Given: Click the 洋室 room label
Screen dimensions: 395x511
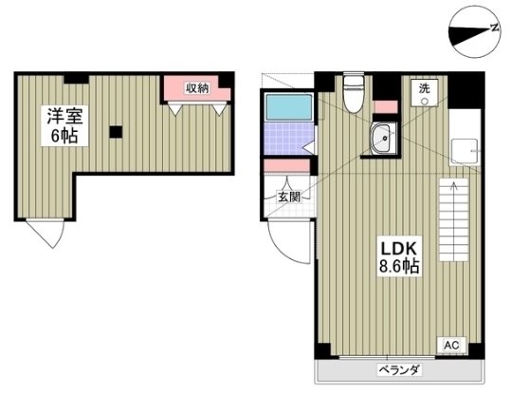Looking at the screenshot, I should [x=64, y=117].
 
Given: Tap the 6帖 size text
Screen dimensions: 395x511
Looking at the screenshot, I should [x=64, y=136].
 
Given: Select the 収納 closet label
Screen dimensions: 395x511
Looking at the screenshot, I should [x=196, y=88].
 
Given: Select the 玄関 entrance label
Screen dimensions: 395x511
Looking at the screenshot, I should [x=288, y=197].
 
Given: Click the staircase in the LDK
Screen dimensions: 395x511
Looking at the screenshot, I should [x=455, y=217].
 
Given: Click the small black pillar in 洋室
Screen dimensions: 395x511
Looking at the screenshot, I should [x=116, y=132].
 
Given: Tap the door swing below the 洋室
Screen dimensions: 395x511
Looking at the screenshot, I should [x=43, y=232].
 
